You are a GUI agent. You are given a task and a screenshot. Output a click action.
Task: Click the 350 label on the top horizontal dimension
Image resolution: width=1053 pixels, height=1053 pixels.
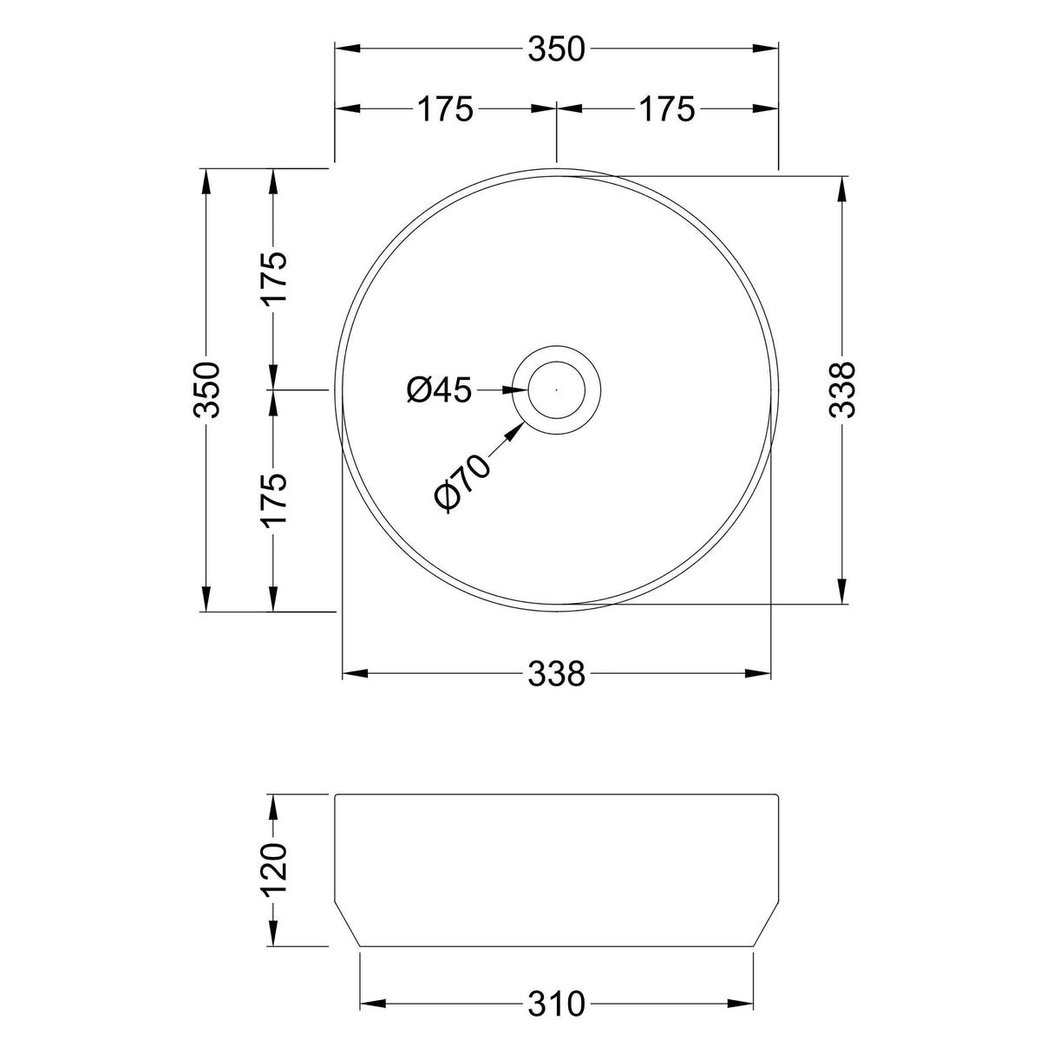click(x=557, y=49)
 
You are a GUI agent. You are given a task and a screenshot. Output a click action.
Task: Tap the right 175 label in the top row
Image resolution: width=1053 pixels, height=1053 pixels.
click(x=667, y=109)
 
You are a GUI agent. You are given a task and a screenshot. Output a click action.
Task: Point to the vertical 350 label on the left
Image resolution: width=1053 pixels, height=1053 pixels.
click(x=209, y=389)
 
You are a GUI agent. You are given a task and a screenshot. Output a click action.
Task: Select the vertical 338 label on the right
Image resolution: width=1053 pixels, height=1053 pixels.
click(x=842, y=389)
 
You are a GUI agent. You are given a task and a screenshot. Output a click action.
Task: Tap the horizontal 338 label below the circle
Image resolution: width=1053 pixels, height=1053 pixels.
click(x=557, y=673)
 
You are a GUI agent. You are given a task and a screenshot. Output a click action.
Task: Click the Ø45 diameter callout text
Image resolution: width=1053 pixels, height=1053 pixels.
click(x=439, y=390)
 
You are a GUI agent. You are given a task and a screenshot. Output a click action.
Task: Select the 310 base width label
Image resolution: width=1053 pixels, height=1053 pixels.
click(x=557, y=1004)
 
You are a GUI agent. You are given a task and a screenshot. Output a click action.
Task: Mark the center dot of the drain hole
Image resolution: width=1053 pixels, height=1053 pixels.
click(x=556, y=390)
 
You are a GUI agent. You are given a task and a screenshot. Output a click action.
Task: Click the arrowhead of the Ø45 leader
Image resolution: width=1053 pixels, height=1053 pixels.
click(x=517, y=390)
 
